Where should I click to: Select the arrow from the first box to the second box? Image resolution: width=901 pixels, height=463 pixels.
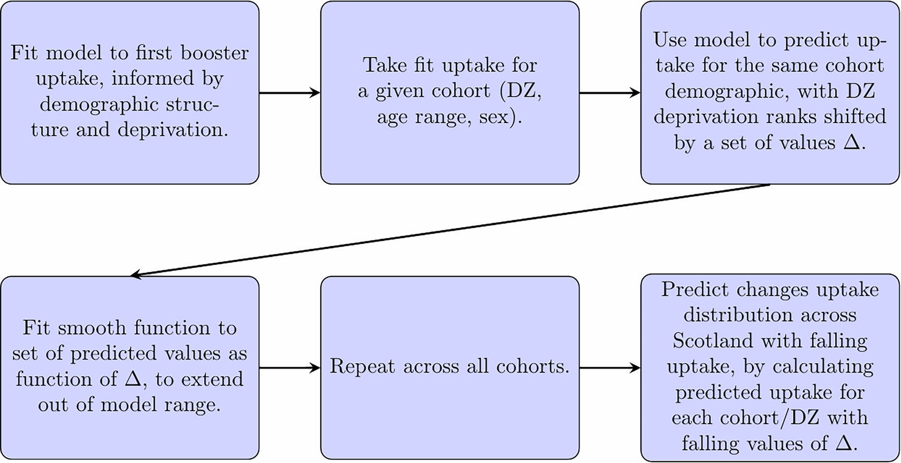click(289, 93)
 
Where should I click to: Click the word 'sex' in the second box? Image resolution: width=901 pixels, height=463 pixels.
click(493, 118)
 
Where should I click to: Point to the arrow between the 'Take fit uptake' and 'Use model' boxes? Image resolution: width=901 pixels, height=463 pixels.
click(610, 93)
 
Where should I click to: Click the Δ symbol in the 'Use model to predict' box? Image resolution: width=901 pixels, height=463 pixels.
click(852, 142)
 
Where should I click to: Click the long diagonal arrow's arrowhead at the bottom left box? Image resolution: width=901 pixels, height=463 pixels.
click(137, 275)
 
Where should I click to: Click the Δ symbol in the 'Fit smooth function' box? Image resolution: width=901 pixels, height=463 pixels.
click(133, 379)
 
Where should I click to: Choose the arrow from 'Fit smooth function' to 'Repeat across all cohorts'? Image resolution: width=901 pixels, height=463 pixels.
click(289, 368)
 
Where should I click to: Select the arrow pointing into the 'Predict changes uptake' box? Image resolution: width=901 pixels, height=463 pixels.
click(610, 368)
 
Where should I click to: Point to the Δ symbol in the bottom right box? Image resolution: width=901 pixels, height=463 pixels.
click(844, 443)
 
